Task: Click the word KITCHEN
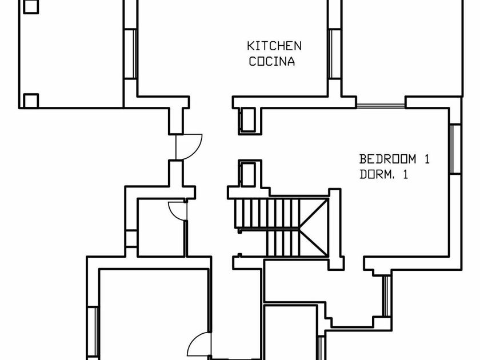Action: [x=274, y=46]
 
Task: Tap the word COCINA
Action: [x=272, y=62]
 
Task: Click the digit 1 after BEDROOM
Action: [x=426, y=159]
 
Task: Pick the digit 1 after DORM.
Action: [x=405, y=175]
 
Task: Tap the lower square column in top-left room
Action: [x=31, y=101]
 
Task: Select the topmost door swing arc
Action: [x=190, y=145]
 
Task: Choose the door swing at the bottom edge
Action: [x=199, y=346]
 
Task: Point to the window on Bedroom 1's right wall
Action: [x=455, y=149]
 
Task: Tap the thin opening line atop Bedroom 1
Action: [x=381, y=105]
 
